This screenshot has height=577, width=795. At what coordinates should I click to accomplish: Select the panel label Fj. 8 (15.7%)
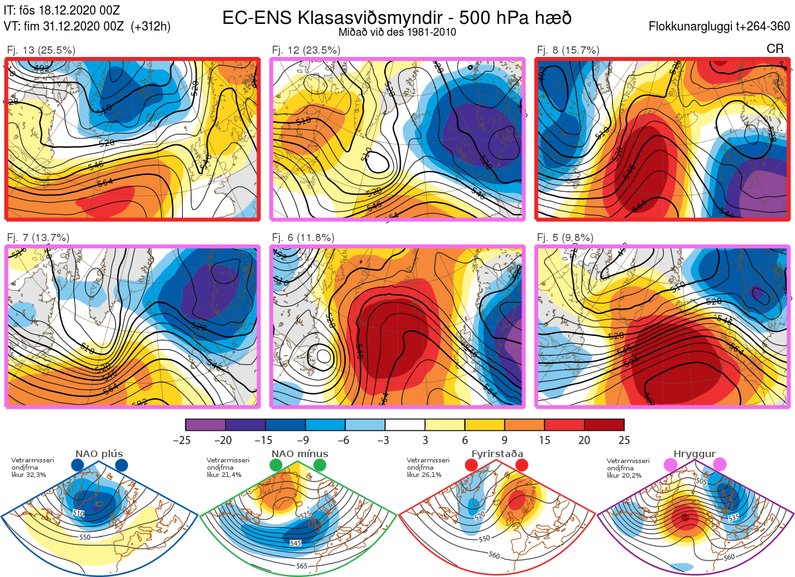coord(568,50)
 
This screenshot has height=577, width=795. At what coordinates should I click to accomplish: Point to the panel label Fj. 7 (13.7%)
coord(38,238)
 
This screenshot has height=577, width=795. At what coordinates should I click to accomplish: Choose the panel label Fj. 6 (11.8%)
coord(303,238)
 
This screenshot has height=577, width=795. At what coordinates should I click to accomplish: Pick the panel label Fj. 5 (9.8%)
coord(565,238)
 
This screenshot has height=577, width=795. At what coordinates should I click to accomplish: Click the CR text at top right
coord(774,48)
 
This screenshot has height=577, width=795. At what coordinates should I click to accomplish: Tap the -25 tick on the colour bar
coord(185,440)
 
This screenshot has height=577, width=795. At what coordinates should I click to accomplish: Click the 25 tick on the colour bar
coord(623,440)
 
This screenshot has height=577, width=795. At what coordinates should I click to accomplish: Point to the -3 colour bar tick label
coord(385,440)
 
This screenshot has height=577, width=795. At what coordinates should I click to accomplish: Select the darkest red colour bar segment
coord(604,425)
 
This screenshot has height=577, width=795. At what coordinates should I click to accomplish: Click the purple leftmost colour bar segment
coord(205,425)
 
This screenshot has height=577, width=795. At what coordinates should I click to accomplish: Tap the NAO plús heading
coord(100,454)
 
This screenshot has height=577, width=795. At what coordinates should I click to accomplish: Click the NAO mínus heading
coord(299,454)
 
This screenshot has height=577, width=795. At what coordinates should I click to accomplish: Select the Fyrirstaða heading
coord(497,454)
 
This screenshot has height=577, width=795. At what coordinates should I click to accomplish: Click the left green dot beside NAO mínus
coord(276,465)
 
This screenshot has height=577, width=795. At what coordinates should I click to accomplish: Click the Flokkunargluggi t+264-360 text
coord(721,26)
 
